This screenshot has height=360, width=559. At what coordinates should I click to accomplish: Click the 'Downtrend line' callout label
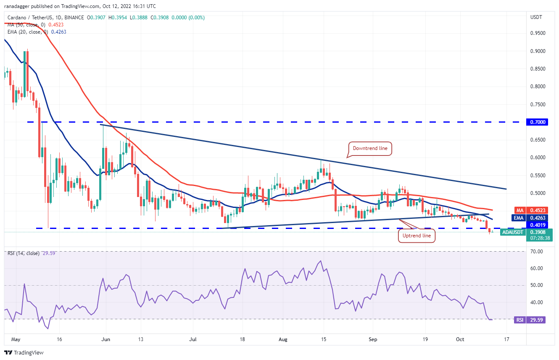(370, 148)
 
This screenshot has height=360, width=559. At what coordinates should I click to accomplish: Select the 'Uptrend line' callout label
(417, 236)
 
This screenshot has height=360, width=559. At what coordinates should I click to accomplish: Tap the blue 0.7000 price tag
(537, 122)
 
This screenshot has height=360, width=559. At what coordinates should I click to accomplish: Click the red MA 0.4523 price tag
(531, 210)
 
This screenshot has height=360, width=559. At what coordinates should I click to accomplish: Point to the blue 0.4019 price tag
(537, 225)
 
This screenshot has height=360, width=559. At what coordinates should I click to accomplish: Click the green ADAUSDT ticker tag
(513, 232)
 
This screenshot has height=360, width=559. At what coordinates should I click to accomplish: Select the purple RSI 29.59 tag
(530, 320)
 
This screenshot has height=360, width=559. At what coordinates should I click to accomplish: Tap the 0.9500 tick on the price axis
(538, 33)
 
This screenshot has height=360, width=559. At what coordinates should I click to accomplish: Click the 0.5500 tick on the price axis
(538, 176)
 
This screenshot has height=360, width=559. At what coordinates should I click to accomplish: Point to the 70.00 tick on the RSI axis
(537, 252)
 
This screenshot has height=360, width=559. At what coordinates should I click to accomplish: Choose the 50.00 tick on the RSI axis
(537, 285)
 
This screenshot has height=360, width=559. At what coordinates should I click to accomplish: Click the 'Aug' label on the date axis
(283, 339)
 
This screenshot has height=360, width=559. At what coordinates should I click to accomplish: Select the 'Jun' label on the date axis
(106, 339)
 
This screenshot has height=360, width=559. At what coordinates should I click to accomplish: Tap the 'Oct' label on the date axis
(460, 339)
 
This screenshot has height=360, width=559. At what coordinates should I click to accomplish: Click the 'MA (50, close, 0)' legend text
(26, 25)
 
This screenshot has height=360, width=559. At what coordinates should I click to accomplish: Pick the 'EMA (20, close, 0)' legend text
(28, 32)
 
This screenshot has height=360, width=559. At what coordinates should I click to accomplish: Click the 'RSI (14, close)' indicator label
(24, 253)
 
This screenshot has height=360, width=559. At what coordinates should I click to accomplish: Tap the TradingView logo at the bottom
(24, 352)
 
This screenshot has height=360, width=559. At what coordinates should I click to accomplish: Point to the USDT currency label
(536, 17)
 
